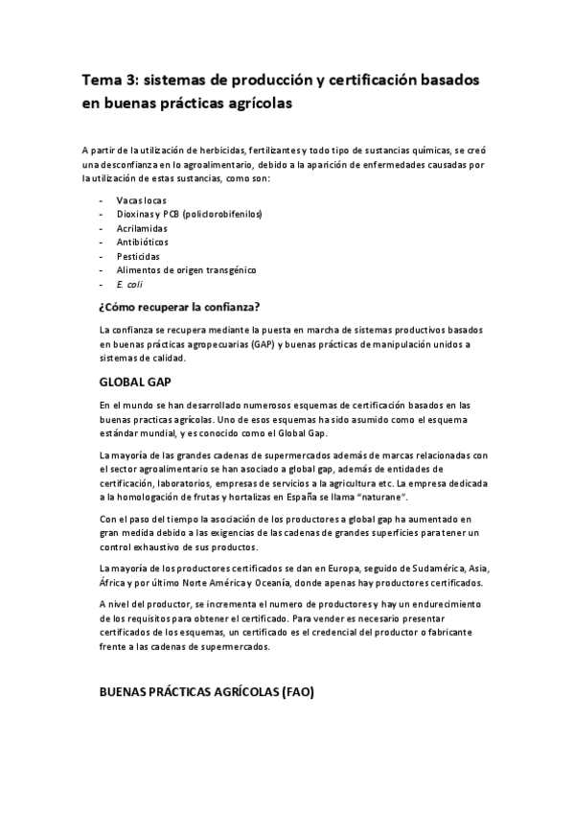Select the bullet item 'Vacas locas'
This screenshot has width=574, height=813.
point(140,200)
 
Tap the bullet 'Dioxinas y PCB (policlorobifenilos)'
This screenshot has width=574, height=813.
point(189,214)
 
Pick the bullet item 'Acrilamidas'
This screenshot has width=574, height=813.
point(141,228)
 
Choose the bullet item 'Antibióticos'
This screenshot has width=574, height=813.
point(142,243)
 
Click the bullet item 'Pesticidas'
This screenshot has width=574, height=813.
point(138,257)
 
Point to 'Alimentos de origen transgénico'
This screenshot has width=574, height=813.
point(186,270)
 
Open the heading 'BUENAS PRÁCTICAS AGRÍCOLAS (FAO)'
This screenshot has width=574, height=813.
point(206,692)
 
